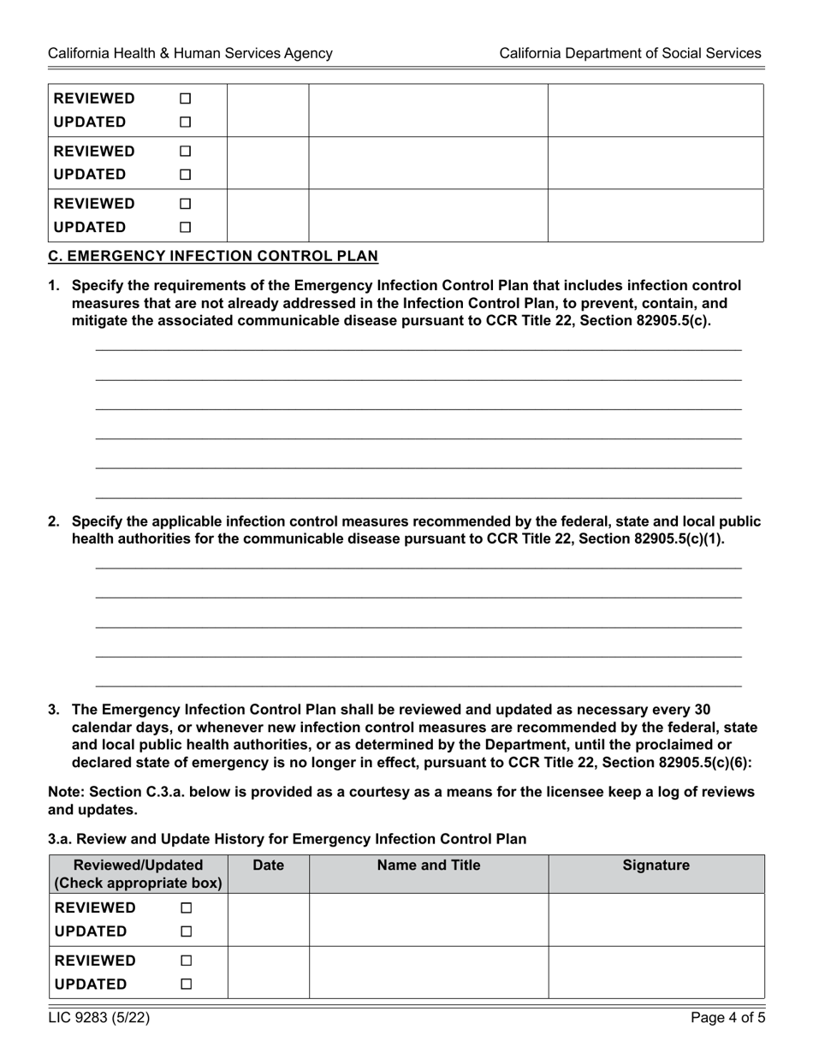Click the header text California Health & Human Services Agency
coord(190,53)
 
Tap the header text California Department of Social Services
coord(630,53)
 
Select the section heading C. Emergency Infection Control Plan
coord(213,256)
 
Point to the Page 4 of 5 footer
coord(727,1018)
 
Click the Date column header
coord(269,866)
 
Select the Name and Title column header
coord(429,866)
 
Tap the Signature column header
coord(656,866)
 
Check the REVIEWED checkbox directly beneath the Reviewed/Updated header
coord(186,908)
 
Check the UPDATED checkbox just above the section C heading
coord(185,228)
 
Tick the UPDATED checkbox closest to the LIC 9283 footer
coord(186,985)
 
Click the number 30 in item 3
coord(702,709)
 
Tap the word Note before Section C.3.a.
coord(65,792)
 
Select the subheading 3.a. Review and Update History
coord(287,839)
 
